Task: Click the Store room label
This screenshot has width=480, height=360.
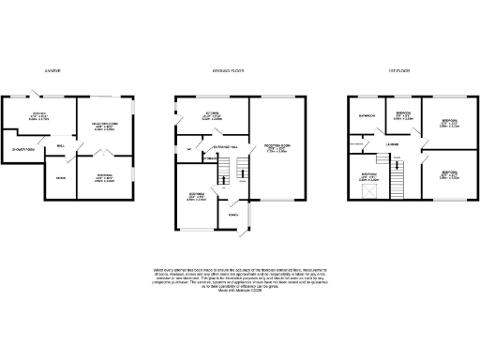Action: click(x=59, y=177)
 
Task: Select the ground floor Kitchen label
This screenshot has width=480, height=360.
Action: click(x=211, y=116)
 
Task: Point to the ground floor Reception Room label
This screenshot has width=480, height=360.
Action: click(x=276, y=146)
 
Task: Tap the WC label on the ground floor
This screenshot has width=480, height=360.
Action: click(x=189, y=149)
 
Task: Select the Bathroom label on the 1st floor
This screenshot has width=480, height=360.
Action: click(x=367, y=115)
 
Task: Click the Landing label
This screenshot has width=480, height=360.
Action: click(x=392, y=143)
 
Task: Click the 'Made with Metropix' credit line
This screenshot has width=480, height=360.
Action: click(x=239, y=293)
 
